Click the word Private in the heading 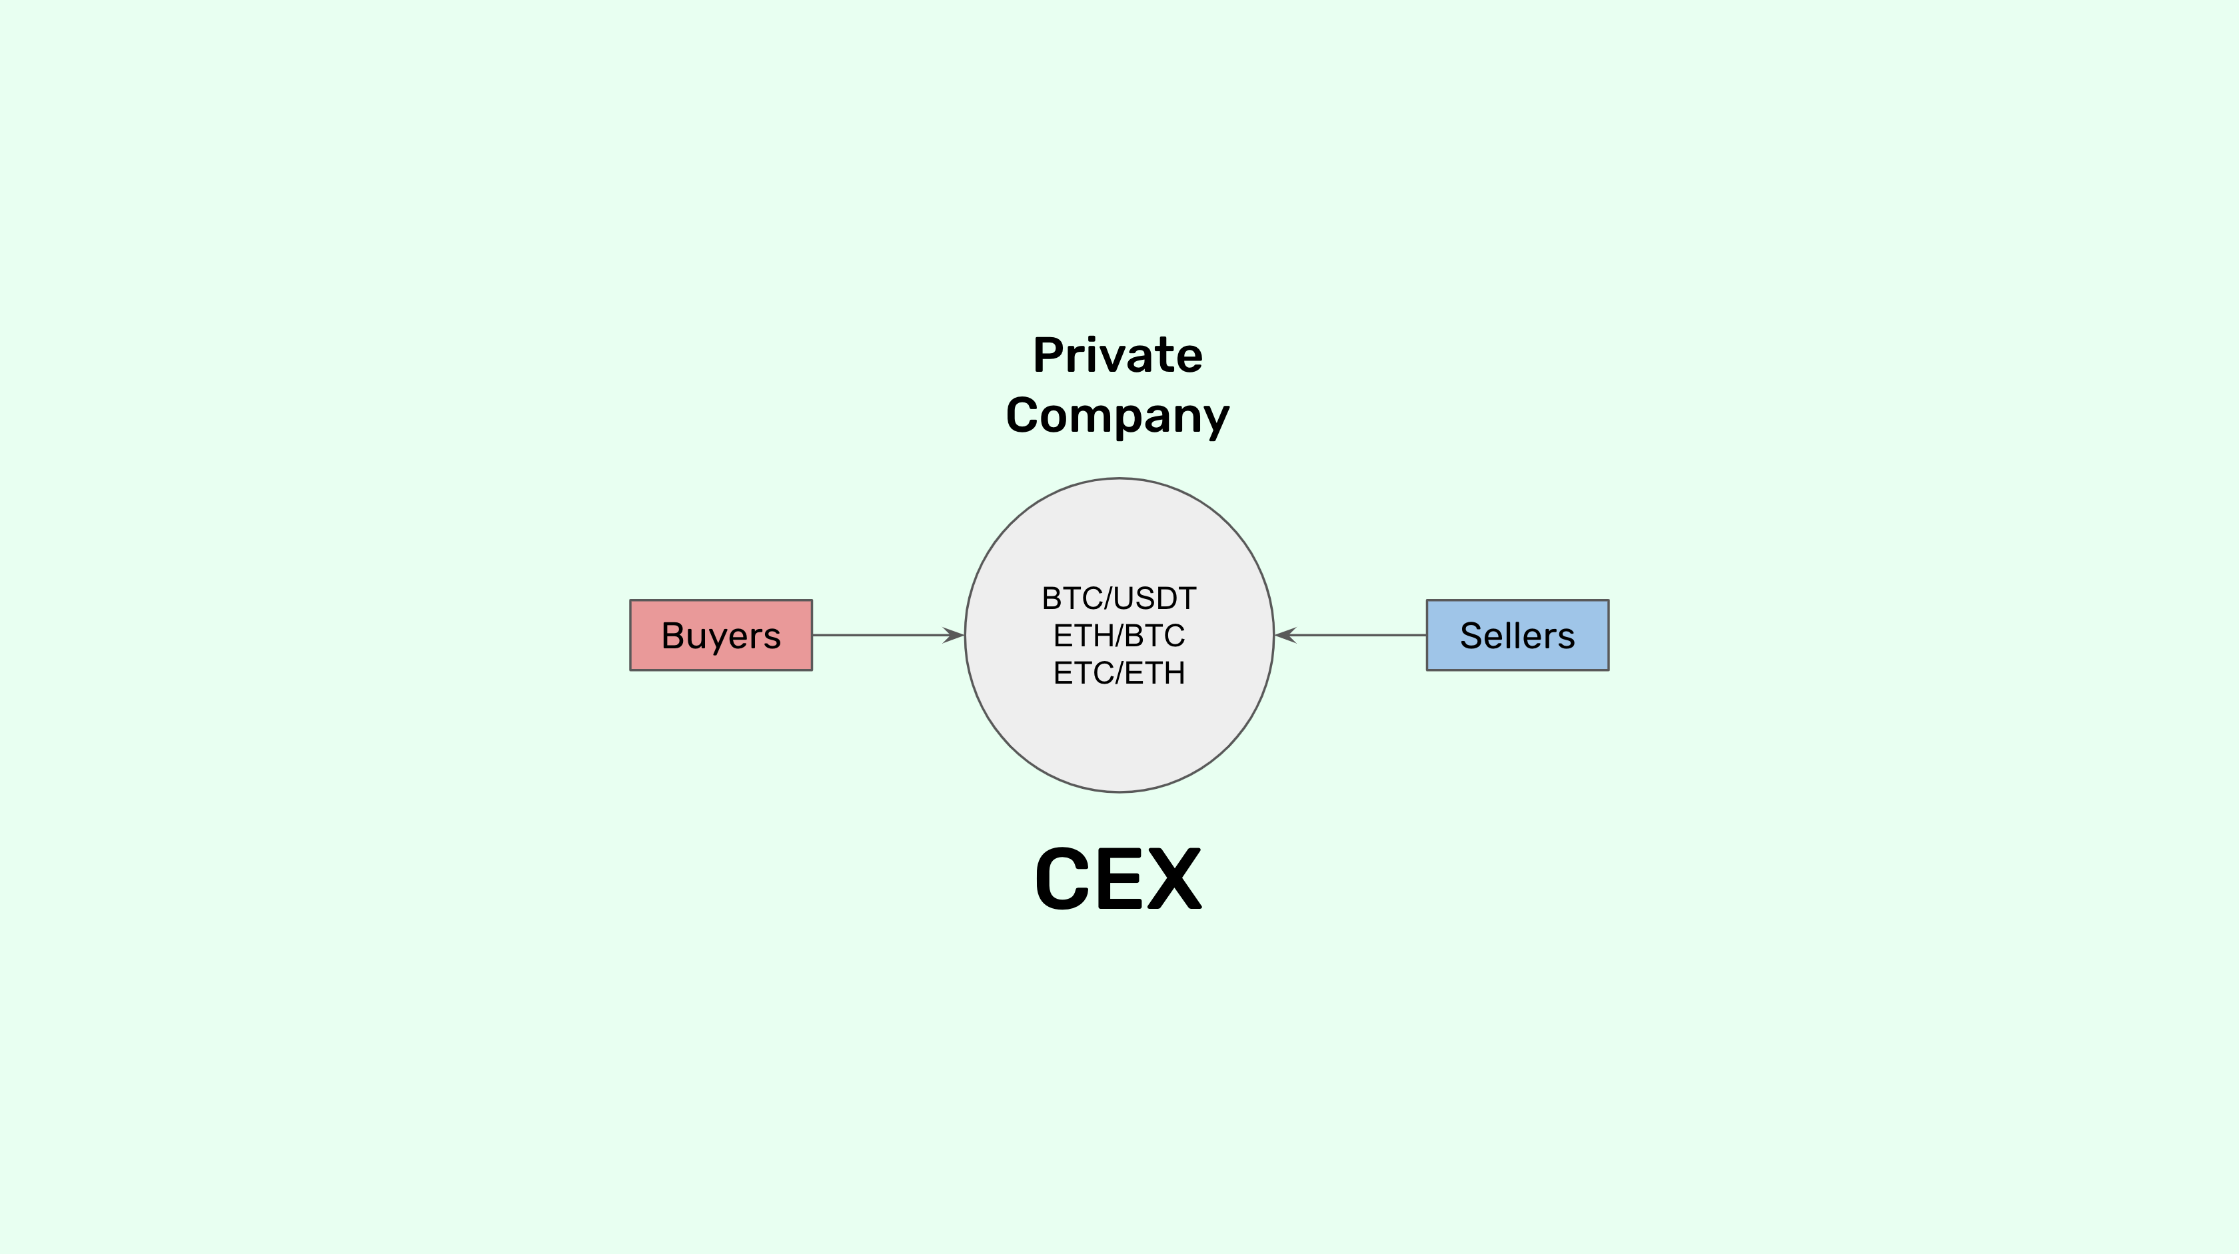click(1118, 355)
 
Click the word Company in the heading click(1118, 415)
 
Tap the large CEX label click(1118, 880)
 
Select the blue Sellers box click(1517, 635)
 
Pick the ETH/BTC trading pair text click(1119, 635)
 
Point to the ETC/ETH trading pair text click(1119, 672)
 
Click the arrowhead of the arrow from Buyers click(954, 635)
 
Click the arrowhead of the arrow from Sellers click(1285, 635)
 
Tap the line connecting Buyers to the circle click(878, 635)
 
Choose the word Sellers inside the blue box click(1517, 635)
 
